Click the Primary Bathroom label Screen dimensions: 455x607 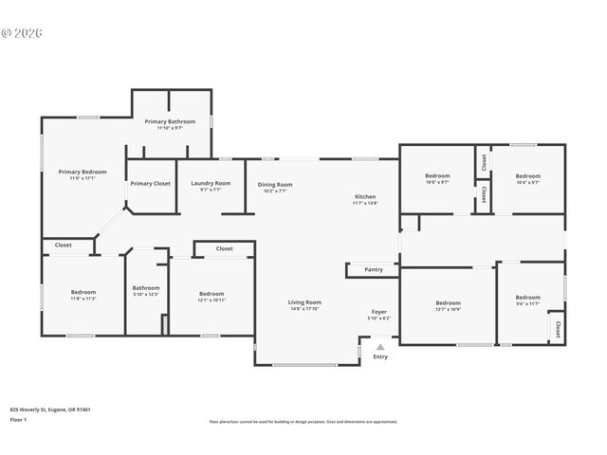pos(170,121)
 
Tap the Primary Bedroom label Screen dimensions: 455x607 pos(83,172)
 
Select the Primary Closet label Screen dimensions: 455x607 pos(150,183)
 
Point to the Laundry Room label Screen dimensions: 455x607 pos(211,183)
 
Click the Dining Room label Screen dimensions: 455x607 pos(275,185)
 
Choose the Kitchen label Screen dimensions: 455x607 pos(365,196)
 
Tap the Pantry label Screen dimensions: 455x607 pos(374,270)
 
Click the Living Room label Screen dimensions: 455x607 pos(304,302)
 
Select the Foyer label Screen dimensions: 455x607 pos(378,312)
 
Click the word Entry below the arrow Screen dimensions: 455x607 pos(380,356)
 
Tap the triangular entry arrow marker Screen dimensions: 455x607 pos(380,345)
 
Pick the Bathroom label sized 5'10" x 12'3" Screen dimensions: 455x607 pos(146,288)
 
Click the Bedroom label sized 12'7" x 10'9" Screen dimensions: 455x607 pos(448,303)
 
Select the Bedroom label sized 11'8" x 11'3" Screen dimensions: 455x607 pos(83,293)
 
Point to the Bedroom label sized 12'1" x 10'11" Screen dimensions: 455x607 pos(212,293)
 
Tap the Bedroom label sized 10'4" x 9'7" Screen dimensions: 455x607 pos(528,175)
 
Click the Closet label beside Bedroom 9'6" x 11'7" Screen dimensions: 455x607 pos(557,329)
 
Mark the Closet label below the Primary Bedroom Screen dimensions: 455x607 pos(64,246)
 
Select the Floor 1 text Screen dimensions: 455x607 pos(18,419)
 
